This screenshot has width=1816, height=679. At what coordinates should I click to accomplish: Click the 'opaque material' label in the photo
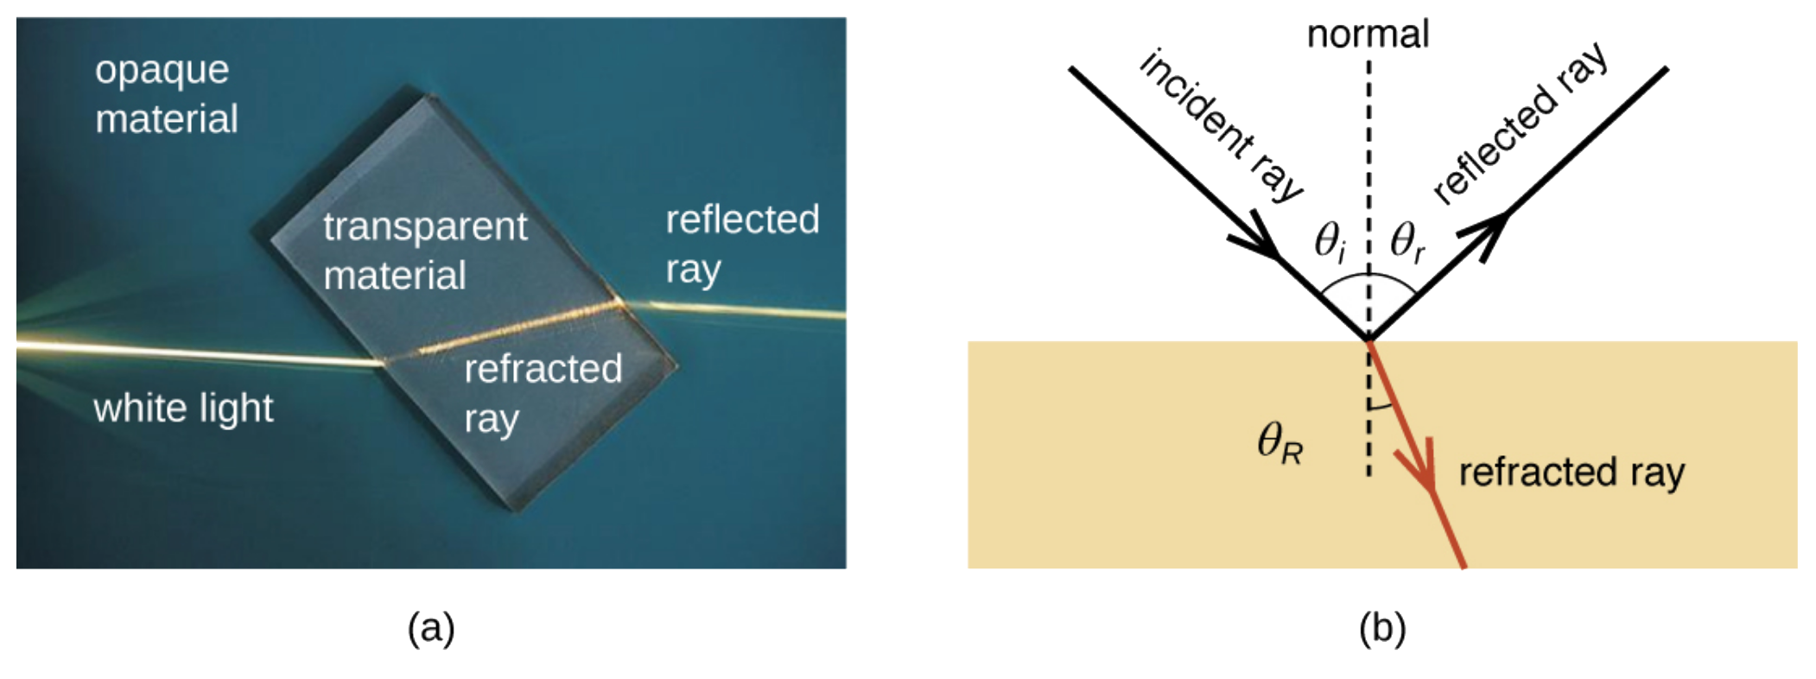tap(165, 94)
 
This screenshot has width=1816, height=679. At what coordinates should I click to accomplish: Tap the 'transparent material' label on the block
tap(423, 251)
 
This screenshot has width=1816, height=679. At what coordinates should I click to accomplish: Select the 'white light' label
tap(183, 408)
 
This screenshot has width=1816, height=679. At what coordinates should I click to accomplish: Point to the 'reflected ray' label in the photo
tap(741, 244)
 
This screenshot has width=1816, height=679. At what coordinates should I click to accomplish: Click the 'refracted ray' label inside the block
tap(543, 393)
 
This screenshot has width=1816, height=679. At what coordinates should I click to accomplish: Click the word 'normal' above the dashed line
tap(1368, 35)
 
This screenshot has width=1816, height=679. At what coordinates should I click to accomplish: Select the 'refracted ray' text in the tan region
tap(1572, 473)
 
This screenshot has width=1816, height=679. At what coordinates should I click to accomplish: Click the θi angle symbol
tap(1330, 241)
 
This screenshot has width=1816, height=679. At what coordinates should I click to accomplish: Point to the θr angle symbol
tap(1407, 241)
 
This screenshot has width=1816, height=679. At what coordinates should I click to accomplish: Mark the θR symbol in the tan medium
tap(1279, 444)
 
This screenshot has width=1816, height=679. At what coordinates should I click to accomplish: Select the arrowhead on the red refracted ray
tap(1424, 475)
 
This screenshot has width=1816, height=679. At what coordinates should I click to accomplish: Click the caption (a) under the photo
tap(431, 627)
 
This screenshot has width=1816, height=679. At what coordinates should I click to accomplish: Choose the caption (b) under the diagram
tap(1382, 627)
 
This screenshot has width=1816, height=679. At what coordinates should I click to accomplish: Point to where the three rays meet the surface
tap(1368, 340)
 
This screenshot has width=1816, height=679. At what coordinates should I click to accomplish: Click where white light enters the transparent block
tap(384, 363)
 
